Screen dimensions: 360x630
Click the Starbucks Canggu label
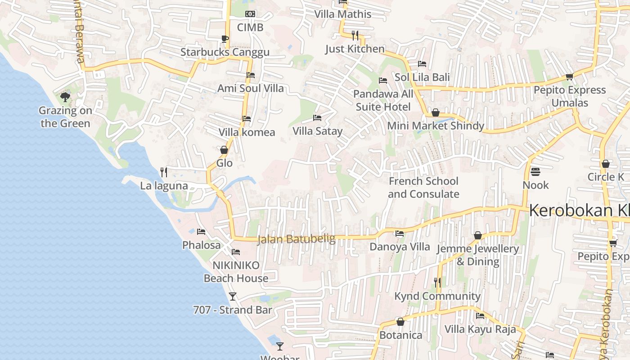(225, 52)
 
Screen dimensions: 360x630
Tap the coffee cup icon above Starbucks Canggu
(225, 39)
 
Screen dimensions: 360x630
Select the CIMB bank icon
(250, 14)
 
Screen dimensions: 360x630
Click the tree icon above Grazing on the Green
(65, 97)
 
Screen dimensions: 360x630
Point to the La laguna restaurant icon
(164, 172)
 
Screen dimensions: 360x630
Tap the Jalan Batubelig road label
(297, 239)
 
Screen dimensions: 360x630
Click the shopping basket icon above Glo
(224, 149)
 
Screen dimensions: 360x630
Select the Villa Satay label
(318, 131)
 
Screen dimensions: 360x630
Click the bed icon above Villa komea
(247, 119)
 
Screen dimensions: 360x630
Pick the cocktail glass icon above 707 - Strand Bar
(233, 297)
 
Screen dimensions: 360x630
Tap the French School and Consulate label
(423, 188)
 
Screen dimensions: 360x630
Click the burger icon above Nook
(535, 171)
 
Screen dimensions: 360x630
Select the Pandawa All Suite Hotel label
(383, 100)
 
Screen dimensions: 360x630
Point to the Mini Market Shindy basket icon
(435, 112)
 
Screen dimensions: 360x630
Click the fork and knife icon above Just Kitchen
(355, 35)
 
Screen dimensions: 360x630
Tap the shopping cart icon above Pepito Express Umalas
(569, 76)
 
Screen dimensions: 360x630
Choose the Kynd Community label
(437, 296)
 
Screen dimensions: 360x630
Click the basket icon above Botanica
(400, 322)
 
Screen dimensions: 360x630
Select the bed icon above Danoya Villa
(399, 234)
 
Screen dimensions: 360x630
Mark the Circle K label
(606, 177)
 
